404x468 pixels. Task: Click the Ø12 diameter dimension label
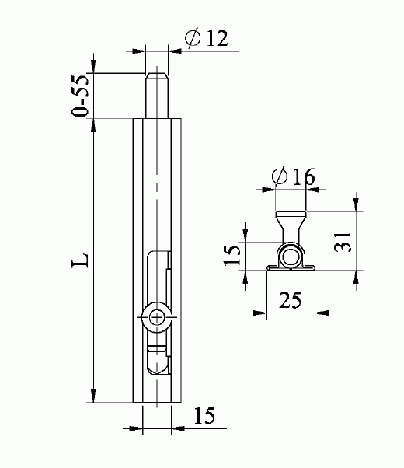206,37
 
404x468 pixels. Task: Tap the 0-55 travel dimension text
80,96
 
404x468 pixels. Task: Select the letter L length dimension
80,260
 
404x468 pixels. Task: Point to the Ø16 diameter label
293,177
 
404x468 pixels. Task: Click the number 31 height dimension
343,241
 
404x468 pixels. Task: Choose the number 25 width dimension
290,300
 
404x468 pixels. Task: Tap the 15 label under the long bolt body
204,415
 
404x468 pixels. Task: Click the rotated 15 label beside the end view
232,254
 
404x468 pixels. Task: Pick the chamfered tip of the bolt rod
157,75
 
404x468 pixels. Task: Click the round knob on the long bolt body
156,317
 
